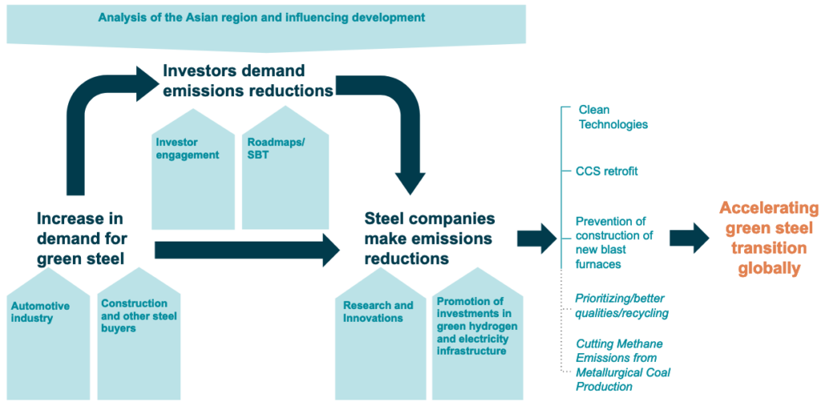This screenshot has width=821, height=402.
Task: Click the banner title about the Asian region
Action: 262,18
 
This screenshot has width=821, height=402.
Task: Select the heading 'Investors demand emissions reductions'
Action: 249,80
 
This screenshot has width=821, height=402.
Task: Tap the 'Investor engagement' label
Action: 187,148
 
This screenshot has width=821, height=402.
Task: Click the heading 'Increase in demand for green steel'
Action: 82,238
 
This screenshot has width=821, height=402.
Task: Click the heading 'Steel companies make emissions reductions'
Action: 430,238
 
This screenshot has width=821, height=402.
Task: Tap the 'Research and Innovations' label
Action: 378,311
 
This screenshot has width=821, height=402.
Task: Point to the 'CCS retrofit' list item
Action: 607,172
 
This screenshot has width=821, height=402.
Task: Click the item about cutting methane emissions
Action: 623,365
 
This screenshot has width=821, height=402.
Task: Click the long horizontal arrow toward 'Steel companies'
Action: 247,250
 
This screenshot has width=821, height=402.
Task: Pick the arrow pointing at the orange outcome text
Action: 690,238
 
